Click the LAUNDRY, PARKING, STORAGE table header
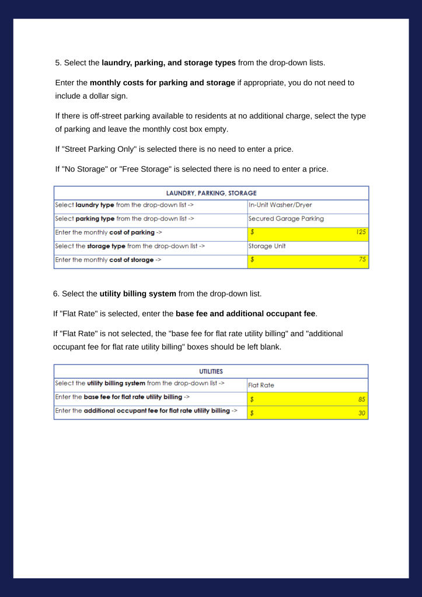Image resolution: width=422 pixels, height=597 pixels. [x=211, y=193]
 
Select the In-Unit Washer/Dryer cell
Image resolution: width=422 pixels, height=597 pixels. [x=280, y=205]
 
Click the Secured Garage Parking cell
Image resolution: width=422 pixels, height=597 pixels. [x=286, y=219]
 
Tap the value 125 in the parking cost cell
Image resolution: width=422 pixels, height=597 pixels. [x=362, y=232]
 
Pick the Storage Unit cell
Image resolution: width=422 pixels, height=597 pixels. [x=267, y=246]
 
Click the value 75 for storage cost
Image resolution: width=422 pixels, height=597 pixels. [x=363, y=260]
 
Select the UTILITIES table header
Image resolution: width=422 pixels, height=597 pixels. [x=211, y=371]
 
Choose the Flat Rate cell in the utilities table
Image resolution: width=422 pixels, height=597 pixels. [x=261, y=385]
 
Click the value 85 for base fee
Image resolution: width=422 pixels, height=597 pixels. [x=362, y=399]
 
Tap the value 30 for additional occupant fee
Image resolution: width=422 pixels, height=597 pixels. [x=362, y=413]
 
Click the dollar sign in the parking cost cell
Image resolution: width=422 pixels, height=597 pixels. [x=252, y=232]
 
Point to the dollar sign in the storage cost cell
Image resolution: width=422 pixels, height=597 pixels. [x=252, y=260]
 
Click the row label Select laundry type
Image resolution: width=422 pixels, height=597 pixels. [x=124, y=205]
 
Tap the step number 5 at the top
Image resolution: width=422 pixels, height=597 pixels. [x=57, y=62]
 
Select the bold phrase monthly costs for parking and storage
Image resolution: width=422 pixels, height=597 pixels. [x=162, y=83]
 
